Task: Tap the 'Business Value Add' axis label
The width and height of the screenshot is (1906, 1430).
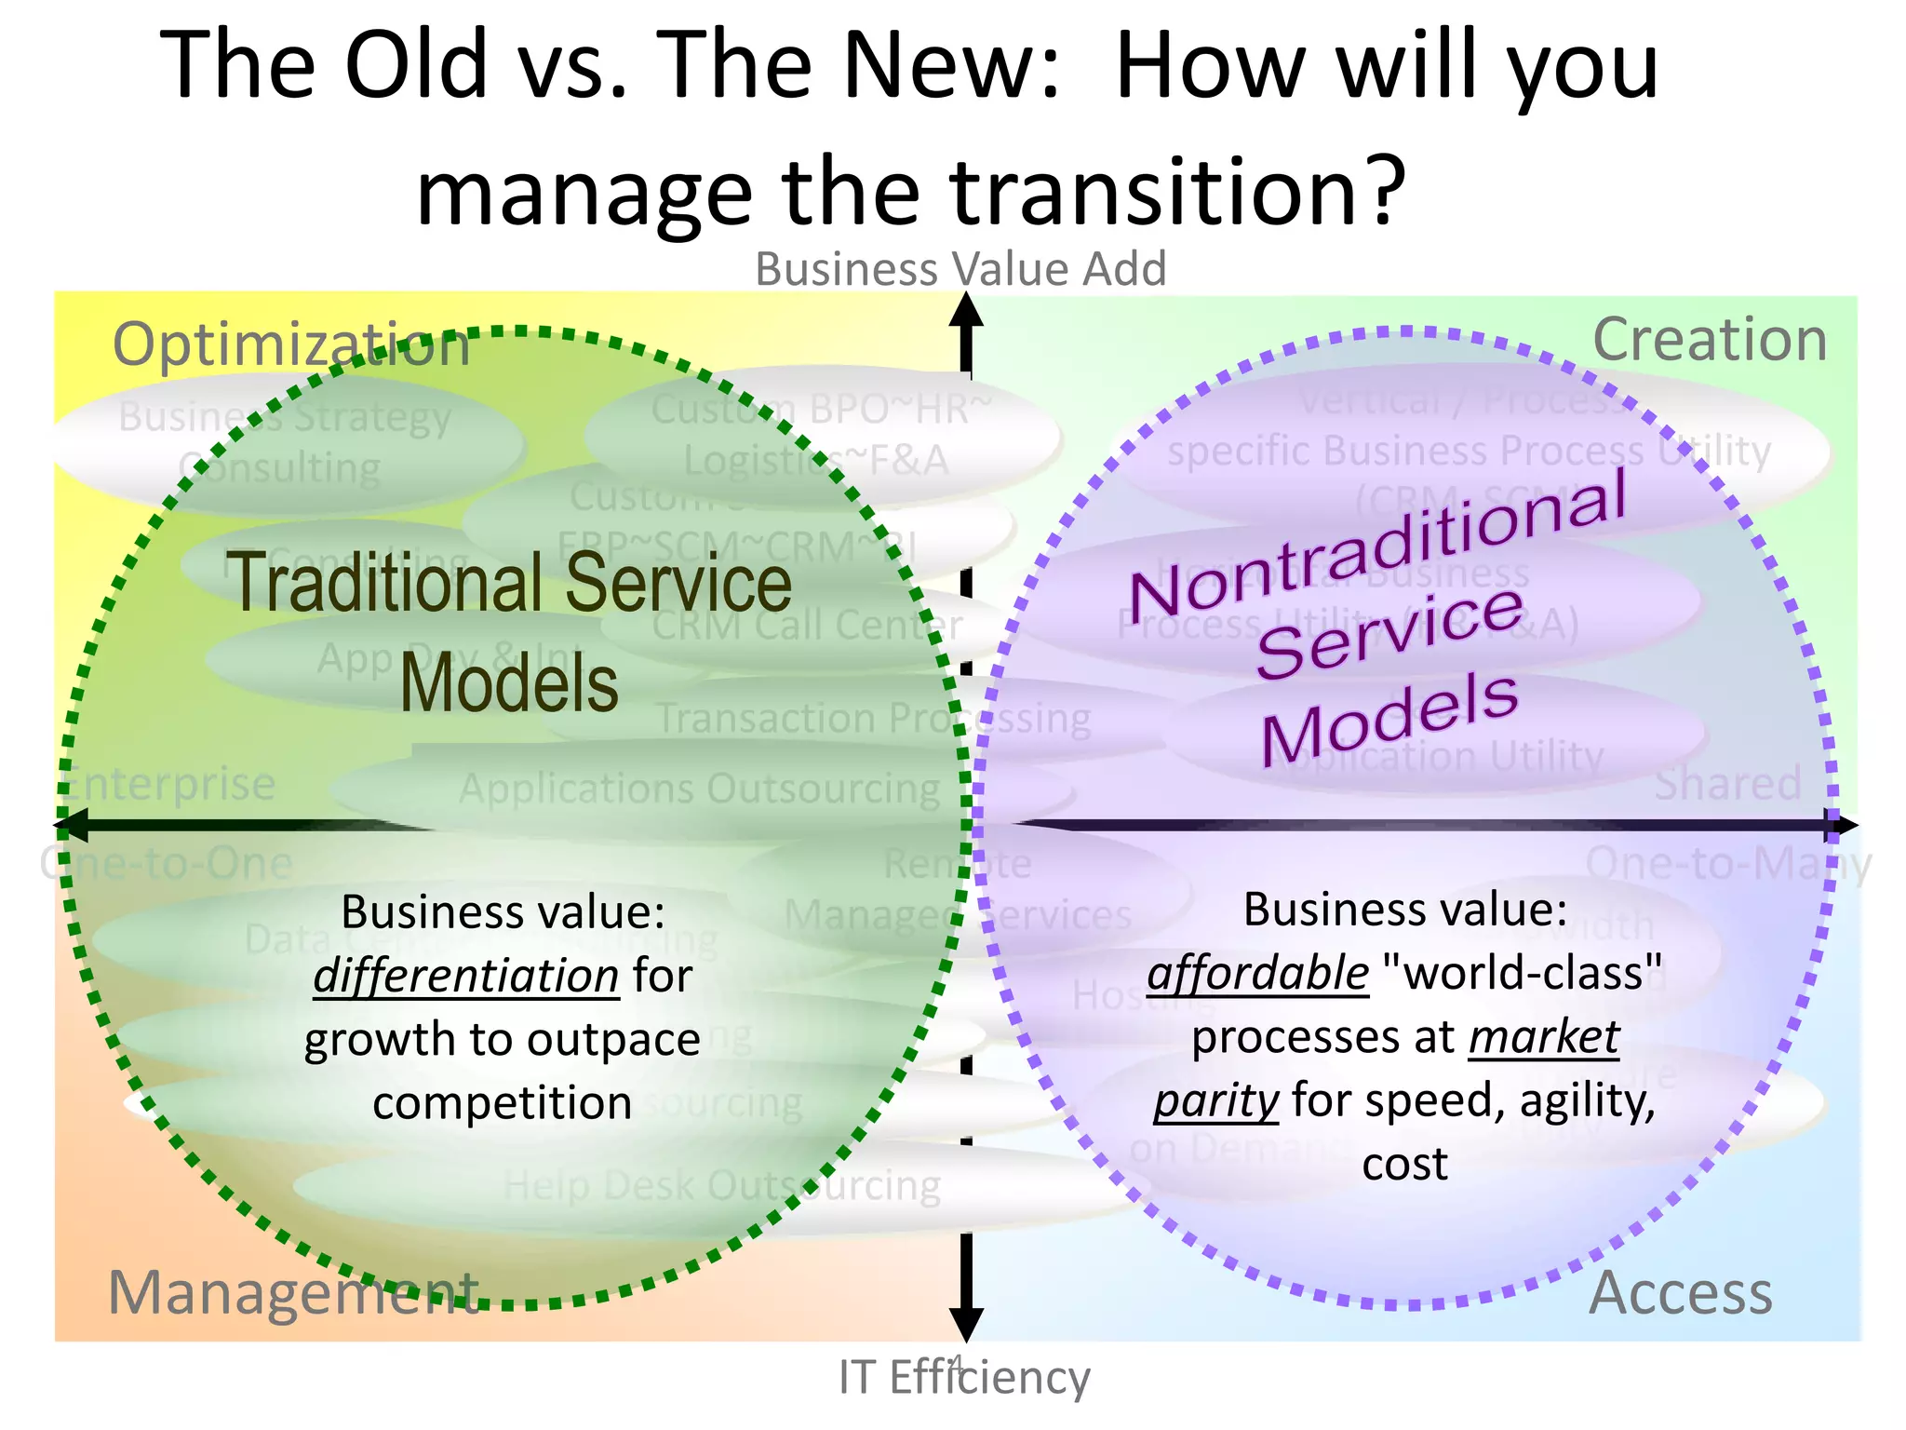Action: [960, 269]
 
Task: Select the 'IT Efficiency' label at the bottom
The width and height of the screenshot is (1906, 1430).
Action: [963, 1377]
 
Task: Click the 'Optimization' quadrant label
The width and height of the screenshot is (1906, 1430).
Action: [291, 344]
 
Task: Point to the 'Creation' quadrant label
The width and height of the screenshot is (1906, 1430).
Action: [1710, 340]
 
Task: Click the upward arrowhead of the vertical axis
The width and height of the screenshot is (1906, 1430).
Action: [966, 310]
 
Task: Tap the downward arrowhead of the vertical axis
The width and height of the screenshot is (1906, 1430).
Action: [966, 1324]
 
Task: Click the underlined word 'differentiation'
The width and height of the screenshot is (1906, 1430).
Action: [466, 976]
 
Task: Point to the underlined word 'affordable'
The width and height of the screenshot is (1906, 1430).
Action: [1257, 973]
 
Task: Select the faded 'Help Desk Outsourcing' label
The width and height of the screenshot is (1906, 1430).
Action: [722, 1186]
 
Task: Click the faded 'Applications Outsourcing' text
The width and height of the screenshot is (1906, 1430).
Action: [700, 789]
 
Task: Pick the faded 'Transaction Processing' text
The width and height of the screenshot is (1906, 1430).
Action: [873, 718]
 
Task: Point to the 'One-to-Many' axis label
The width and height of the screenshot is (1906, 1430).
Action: [1727, 864]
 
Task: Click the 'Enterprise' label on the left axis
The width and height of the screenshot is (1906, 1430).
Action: [168, 783]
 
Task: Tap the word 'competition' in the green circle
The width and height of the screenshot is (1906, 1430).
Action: [503, 1103]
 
